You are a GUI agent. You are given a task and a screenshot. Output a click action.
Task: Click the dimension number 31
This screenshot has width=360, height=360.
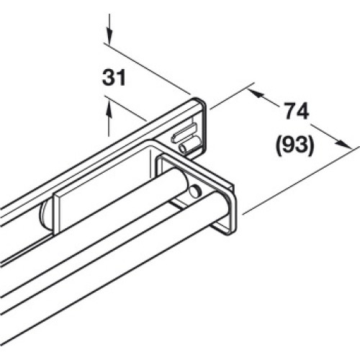tap(114, 78)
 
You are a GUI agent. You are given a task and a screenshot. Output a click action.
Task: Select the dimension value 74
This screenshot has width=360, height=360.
tap(297, 111)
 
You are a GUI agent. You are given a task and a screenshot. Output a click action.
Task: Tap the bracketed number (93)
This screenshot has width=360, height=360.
tap(295, 145)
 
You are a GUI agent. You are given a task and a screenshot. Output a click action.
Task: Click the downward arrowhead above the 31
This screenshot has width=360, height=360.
tap(109, 37)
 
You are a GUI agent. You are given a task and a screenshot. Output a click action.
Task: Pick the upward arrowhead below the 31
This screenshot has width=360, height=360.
tap(109, 109)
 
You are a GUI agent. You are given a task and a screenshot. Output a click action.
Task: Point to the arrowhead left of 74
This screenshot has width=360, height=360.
tap(256, 94)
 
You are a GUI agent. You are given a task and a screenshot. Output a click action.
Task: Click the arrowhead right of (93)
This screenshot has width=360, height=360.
tap(342, 143)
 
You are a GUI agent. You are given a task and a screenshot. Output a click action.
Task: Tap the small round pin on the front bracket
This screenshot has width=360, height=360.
tap(195, 192)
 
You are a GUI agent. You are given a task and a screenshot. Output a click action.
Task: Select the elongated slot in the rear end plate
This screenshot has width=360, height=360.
tap(184, 132)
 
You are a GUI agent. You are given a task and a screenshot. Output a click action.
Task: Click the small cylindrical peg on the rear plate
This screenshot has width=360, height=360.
tap(189, 145)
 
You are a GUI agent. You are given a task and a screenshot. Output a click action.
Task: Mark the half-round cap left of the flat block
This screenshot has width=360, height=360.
tap(45, 215)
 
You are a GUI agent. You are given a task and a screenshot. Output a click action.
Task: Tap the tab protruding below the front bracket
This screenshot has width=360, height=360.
tap(220, 228)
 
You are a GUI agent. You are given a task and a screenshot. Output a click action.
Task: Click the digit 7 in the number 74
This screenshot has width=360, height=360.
tap(291, 111)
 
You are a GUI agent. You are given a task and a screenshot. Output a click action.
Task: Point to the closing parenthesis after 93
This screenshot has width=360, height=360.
tap(311, 145)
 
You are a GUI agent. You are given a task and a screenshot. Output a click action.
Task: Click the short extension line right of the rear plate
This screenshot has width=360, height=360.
tap(232, 96)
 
